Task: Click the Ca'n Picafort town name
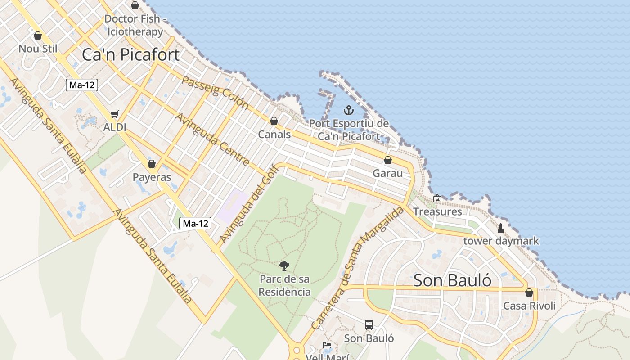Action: click(130, 54)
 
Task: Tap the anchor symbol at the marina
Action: click(348, 110)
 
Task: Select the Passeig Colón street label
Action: click(215, 92)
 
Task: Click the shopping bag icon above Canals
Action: click(274, 121)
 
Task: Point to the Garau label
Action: click(387, 173)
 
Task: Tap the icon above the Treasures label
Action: click(437, 198)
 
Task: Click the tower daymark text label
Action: click(501, 241)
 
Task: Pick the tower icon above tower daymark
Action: click(501, 228)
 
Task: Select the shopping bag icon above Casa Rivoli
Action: click(529, 292)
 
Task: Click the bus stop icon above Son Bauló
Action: click(369, 324)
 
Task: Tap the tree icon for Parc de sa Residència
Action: click(284, 266)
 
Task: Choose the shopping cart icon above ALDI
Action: click(115, 114)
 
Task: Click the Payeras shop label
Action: click(152, 177)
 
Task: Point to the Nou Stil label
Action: click(38, 48)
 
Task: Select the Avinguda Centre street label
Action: click(212, 139)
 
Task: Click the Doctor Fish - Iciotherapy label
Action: click(135, 25)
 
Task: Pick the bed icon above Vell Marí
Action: click(327, 345)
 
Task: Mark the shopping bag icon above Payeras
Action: click(152, 164)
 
